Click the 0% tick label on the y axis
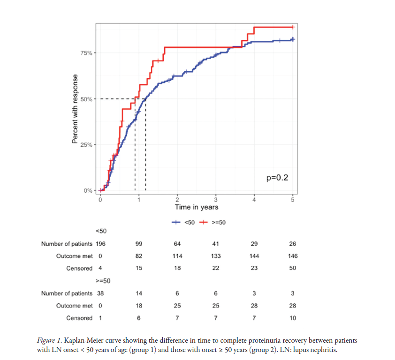point(88,191)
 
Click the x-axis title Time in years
point(196,207)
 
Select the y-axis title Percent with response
point(75,108)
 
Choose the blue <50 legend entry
point(183,222)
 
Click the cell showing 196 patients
point(100,244)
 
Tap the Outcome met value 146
point(293,256)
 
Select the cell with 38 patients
point(100,293)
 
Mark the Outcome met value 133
point(215,256)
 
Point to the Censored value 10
point(293,318)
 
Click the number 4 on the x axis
point(254,200)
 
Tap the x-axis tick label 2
point(177,200)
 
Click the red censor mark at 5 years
point(293,27)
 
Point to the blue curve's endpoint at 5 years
point(293,39)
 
